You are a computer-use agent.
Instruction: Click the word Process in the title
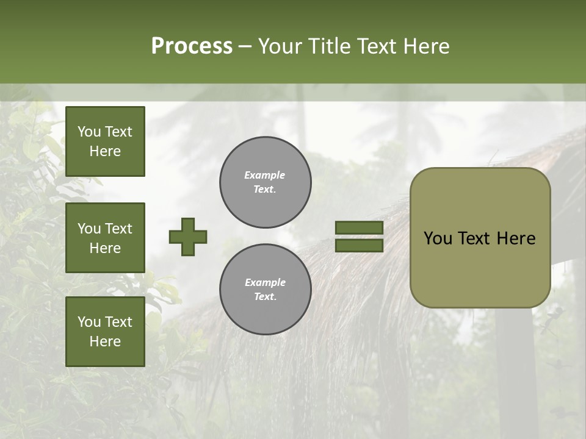click(x=192, y=46)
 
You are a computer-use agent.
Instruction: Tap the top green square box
click(x=105, y=141)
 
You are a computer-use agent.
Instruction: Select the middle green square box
click(x=105, y=238)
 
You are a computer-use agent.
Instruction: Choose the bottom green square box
click(x=105, y=331)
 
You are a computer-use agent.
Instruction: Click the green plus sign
click(x=188, y=237)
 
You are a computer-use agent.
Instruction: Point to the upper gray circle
click(x=265, y=182)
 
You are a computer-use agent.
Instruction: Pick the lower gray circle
click(x=265, y=290)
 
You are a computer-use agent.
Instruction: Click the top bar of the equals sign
click(x=359, y=228)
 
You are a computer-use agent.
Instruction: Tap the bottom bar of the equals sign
click(x=359, y=245)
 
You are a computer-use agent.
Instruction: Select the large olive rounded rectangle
click(x=480, y=268)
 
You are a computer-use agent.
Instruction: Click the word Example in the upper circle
click(x=264, y=176)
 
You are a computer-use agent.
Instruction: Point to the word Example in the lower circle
click(x=265, y=283)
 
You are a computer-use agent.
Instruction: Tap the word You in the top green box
click(x=89, y=132)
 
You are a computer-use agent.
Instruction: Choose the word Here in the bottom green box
click(x=105, y=341)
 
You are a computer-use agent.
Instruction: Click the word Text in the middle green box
click(x=118, y=229)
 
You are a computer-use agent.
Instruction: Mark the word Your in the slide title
click(x=278, y=46)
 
